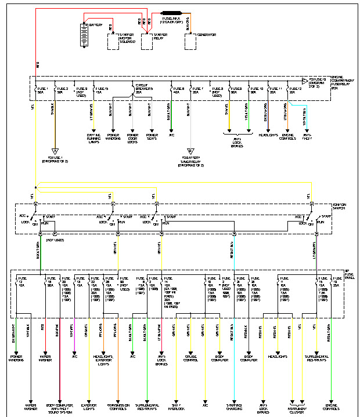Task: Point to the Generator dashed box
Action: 193,41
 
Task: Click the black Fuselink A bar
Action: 173,12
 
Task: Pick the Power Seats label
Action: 152,137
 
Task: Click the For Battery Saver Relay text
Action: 192,161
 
